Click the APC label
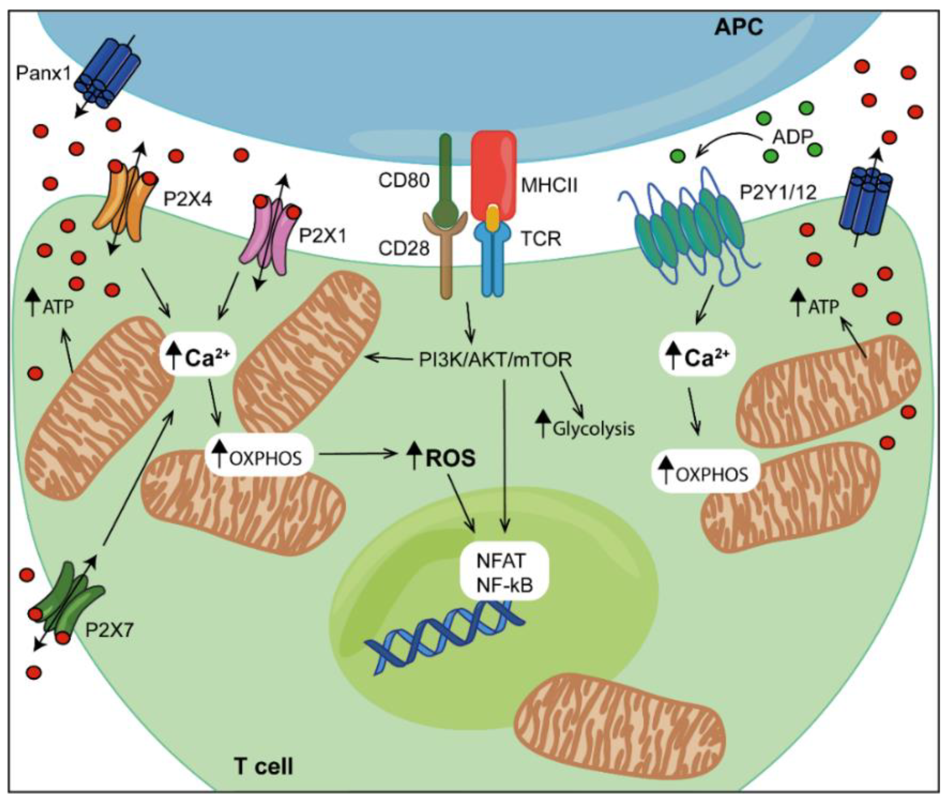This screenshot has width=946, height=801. coord(739,28)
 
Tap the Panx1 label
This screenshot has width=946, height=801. coord(43,73)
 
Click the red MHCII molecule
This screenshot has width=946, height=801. coord(493,172)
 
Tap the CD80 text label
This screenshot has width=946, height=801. coord(404,181)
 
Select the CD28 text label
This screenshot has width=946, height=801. coord(404,248)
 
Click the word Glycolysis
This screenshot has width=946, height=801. coord(593,428)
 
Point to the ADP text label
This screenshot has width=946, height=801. coord(792,136)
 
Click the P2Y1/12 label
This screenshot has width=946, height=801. coord(778,193)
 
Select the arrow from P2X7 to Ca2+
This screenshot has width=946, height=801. coord(138,477)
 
